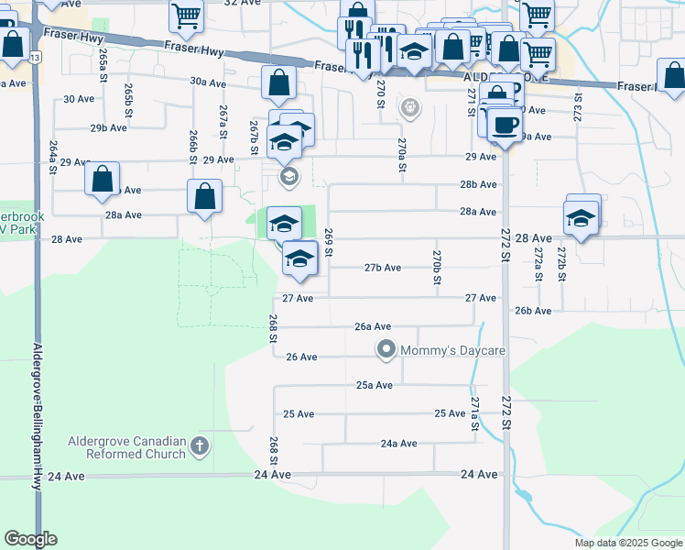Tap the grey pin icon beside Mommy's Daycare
point(386,349)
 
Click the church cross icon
point(200,447)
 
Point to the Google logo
point(30,539)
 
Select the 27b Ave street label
point(383,268)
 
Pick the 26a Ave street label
point(374,326)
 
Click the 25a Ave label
point(375,385)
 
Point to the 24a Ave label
point(398,444)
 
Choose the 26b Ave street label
point(533,311)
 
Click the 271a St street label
point(474,414)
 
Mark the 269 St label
point(329,242)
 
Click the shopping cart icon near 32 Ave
point(186,15)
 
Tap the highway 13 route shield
point(35,57)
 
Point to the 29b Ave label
point(108,127)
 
